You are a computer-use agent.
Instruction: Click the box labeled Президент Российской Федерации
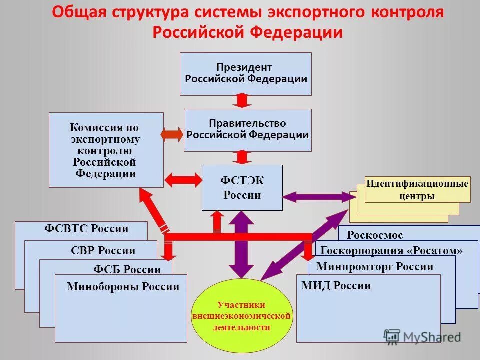tap(245, 74)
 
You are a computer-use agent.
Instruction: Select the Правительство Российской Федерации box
tap(247, 130)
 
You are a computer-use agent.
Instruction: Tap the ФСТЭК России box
tap(242, 187)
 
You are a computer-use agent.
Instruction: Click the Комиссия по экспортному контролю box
tap(106, 150)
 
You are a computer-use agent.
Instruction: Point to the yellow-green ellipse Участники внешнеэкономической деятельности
tap(241, 316)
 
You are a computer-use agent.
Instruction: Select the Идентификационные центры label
tap(417, 189)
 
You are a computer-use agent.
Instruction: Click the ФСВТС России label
tap(86, 229)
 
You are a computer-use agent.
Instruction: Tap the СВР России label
tap(103, 250)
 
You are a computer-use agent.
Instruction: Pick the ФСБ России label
tap(127, 270)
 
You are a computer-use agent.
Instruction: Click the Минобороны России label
tap(123, 287)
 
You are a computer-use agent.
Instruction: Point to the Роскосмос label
tap(374, 235)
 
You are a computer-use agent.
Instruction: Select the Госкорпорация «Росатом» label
tap(391, 250)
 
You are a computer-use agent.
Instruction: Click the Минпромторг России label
tap(375, 266)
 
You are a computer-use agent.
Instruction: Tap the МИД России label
tap(336, 286)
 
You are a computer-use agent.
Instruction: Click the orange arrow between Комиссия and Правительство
tap(173, 134)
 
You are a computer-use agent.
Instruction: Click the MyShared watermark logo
tap(422, 337)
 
